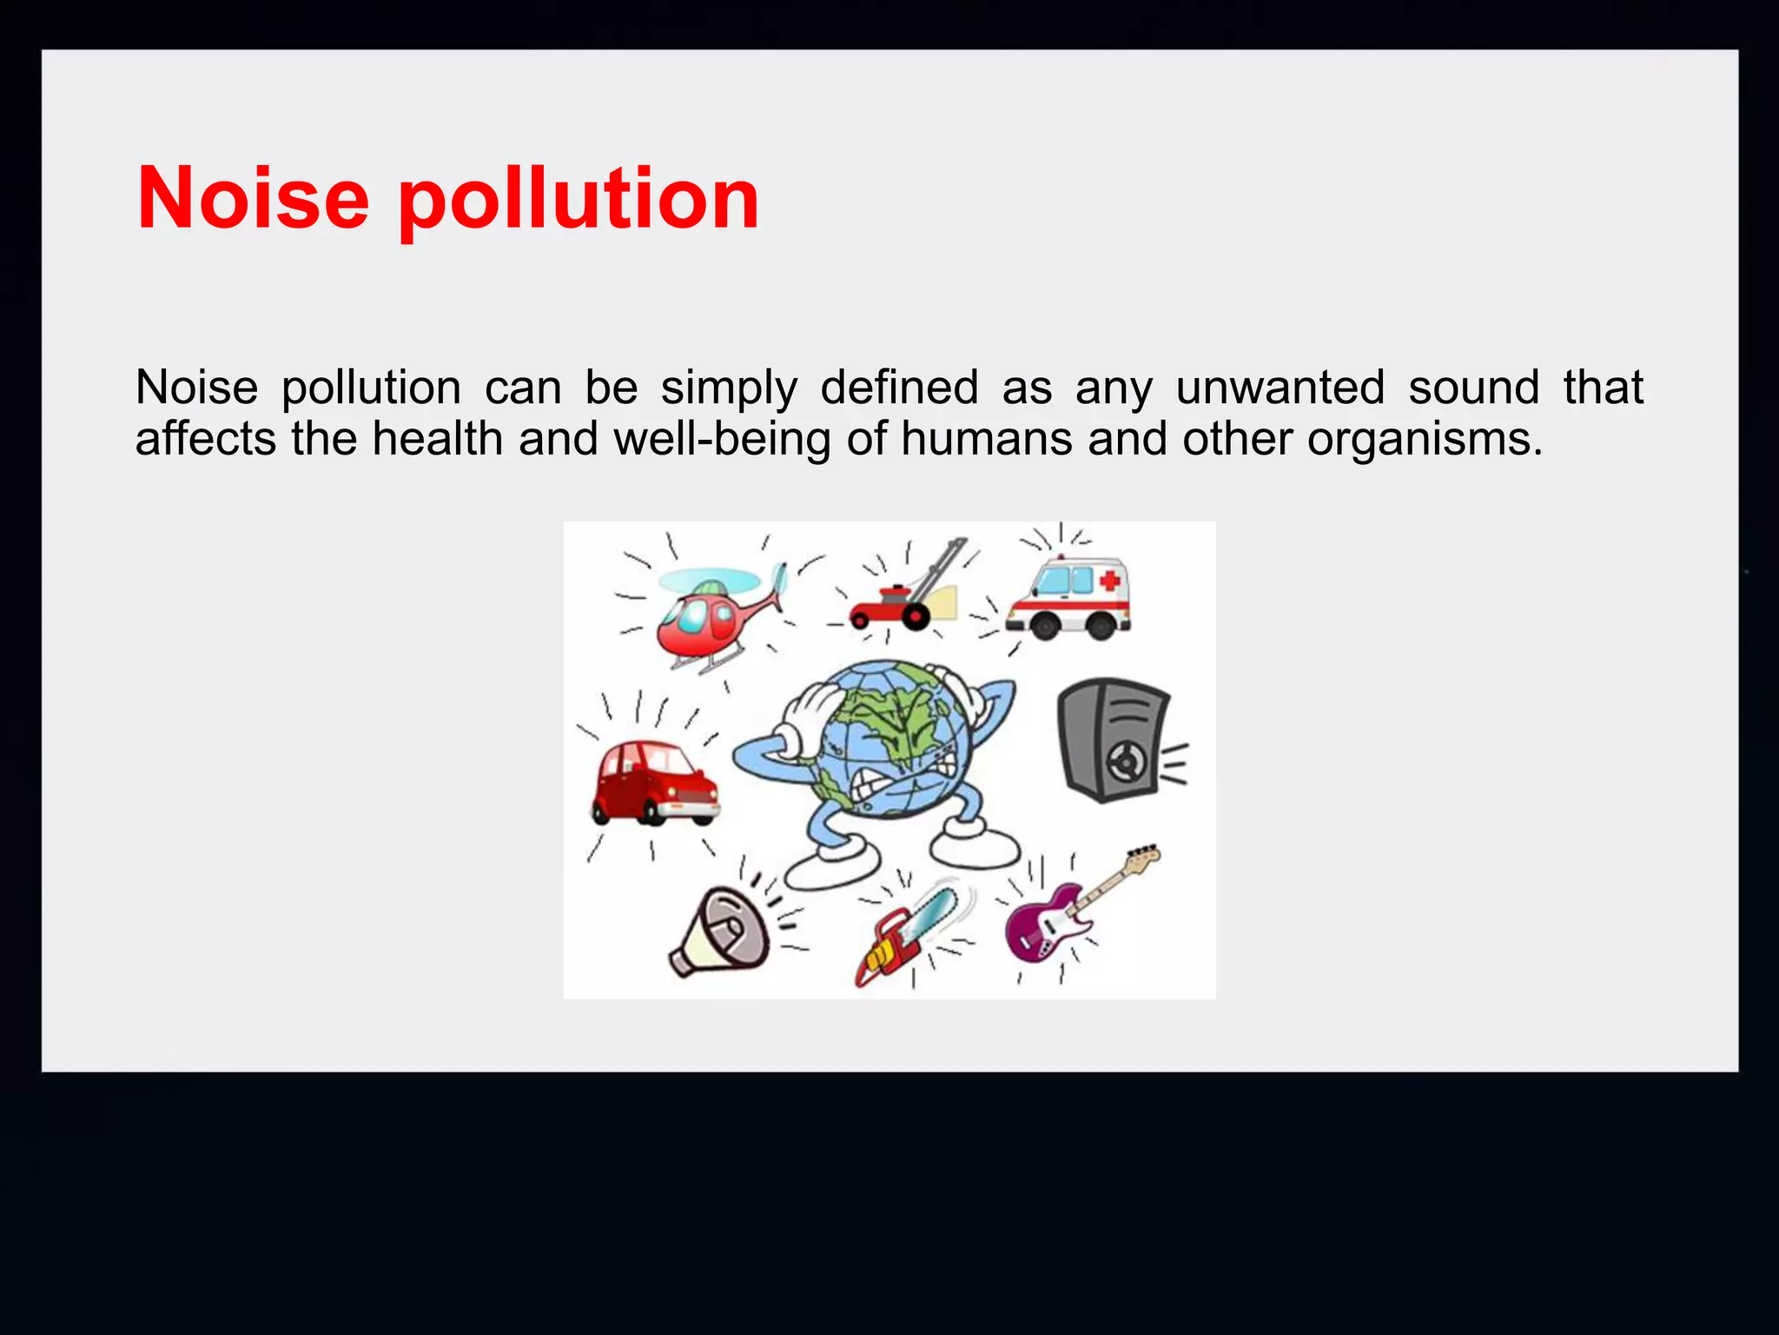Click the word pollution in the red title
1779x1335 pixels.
click(579, 200)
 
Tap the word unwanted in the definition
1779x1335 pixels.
click(1280, 387)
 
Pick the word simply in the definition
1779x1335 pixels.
click(728, 389)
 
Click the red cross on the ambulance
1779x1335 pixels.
click(1109, 580)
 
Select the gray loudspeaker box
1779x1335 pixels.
click(1112, 739)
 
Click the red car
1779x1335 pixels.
click(651, 782)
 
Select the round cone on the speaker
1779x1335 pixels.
click(1125, 763)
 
